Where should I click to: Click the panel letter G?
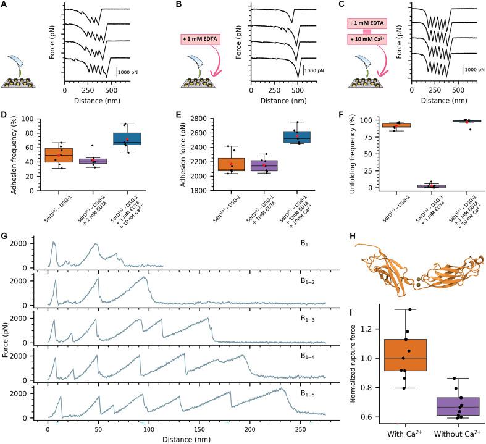[6, 236]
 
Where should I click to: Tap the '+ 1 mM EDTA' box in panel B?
[202, 40]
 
